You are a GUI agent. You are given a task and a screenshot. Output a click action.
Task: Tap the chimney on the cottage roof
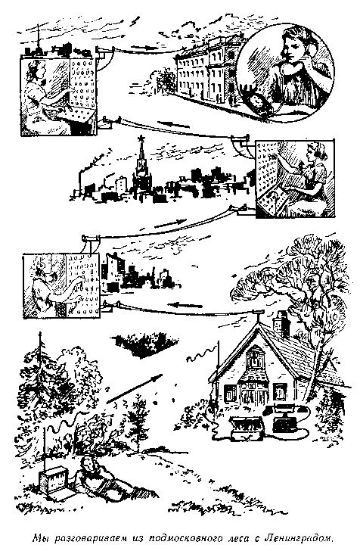[282, 322]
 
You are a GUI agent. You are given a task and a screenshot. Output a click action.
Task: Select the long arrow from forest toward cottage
[134, 389]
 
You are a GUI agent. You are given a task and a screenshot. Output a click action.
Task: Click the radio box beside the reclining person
[53, 479]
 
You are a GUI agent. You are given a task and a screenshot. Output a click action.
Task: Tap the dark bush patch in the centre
[145, 344]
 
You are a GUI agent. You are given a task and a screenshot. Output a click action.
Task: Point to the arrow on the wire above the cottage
[185, 305]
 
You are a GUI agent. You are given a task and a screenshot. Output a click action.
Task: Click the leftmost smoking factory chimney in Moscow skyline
[82, 182]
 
